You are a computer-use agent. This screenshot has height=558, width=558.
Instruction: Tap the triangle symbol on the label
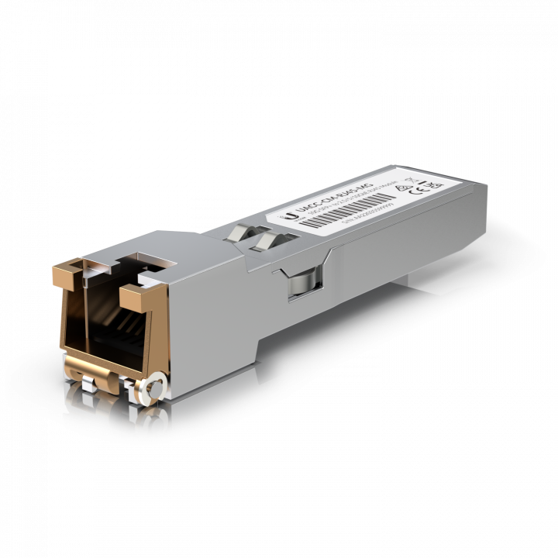click(x=404, y=188)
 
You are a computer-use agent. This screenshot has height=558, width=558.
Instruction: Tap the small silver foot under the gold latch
click(x=86, y=381)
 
